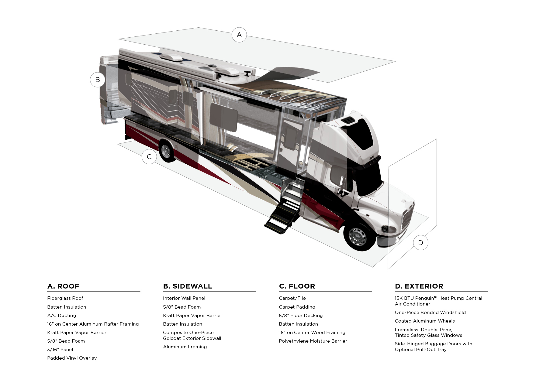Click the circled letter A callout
[x=239, y=35]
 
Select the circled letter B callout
[x=98, y=80]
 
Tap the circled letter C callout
[x=149, y=157]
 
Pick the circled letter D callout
[x=420, y=243]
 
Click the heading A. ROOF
[x=63, y=286]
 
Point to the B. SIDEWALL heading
[x=188, y=286]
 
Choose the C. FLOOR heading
[x=297, y=286]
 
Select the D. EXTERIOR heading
[x=419, y=286]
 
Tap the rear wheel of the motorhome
[x=166, y=151]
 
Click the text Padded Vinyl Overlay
[x=72, y=358]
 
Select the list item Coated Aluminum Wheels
[x=425, y=321]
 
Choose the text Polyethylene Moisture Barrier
[x=313, y=341]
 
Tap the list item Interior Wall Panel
[x=184, y=298]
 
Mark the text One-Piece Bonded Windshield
[x=430, y=313]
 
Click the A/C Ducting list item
[x=62, y=316]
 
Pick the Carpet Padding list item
[x=297, y=307]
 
